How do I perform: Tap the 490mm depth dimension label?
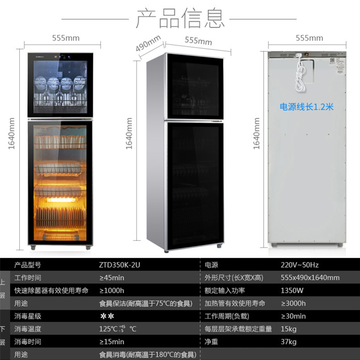pos(148,43)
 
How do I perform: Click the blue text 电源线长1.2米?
pos(306,107)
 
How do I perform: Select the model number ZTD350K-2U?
pos(120,265)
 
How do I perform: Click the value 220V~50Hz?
pos(299,265)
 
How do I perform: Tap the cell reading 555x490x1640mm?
pos(310,278)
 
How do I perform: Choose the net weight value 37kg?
pos(288,342)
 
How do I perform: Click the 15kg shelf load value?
pos(288,329)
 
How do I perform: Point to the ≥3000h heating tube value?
pos(293,303)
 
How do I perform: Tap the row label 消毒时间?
pos(28,342)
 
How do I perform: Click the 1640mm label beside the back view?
pos(257,134)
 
